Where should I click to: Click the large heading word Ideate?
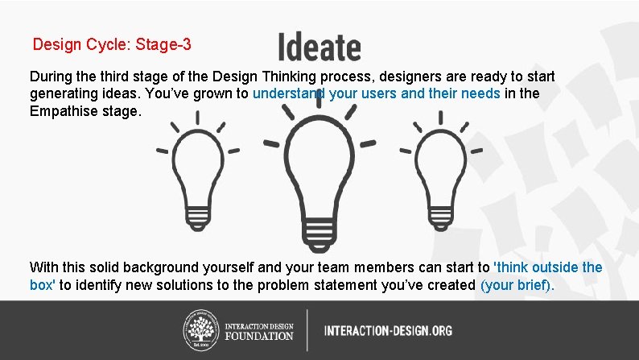[x=319, y=47]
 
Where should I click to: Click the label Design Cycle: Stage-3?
[x=112, y=45]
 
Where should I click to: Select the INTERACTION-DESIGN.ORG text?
[x=388, y=330]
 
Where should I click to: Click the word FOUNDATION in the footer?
[x=259, y=336]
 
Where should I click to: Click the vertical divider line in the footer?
[x=307, y=330]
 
